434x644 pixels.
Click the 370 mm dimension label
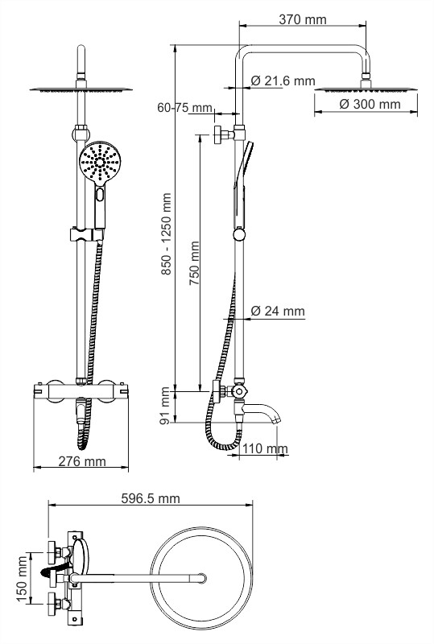pyautogui.click(x=303, y=19)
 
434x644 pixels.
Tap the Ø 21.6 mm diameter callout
pyautogui.click(x=283, y=81)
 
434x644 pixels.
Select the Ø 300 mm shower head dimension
pyautogui.click(x=370, y=104)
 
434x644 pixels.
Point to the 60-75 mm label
pyautogui.click(x=185, y=108)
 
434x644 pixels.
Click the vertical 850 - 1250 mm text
pyautogui.click(x=166, y=234)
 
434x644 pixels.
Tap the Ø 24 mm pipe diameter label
pyautogui.click(x=278, y=311)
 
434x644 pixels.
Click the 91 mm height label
pyautogui.click(x=165, y=406)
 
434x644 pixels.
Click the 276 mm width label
pyautogui.click(x=82, y=461)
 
